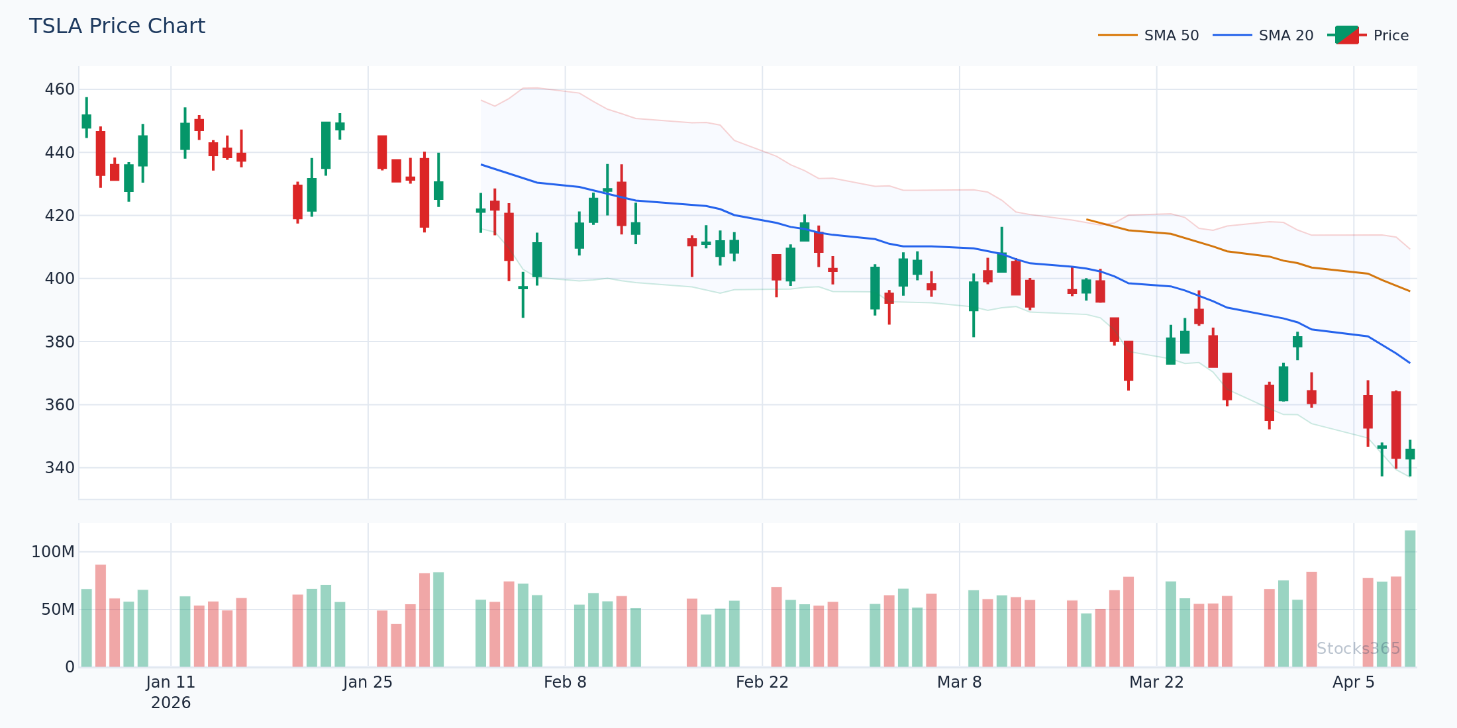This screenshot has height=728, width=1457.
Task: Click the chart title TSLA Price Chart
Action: pos(117,26)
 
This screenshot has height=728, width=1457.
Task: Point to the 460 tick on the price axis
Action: pos(60,89)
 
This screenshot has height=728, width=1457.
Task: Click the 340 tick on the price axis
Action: pos(60,468)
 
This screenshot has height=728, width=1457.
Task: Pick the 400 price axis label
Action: pos(60,279)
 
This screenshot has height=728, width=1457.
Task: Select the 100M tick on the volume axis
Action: pos(53,552)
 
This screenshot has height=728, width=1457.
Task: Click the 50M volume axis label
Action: pos(58,610)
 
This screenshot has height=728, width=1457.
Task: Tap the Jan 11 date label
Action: pos(171,682)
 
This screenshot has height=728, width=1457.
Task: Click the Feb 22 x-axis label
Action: pos(762,682)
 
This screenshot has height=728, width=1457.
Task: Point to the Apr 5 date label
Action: pos(1354,682)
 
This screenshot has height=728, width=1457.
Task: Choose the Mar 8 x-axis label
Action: pos(959,682)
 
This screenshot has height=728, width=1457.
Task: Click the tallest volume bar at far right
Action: pos(1410,599)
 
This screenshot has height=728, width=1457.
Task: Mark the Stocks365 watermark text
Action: pos(1358,649)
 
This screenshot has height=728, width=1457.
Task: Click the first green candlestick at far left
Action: pos(86,121)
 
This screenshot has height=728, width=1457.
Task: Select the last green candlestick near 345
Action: pos(1410,454)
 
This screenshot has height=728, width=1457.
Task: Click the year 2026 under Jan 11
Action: pos(171,703)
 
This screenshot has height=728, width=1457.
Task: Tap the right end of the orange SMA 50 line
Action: pos(1409,291)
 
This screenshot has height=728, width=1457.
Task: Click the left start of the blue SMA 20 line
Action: pos(481,165)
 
